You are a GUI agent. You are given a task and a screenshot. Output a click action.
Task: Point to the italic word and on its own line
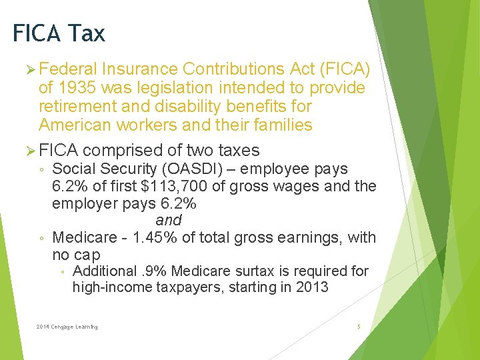(x=168, y=220)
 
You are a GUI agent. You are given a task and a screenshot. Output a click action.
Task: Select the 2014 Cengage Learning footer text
(x=67, y=327)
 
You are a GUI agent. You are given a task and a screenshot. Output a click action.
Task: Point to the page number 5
(x=359, y=327)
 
